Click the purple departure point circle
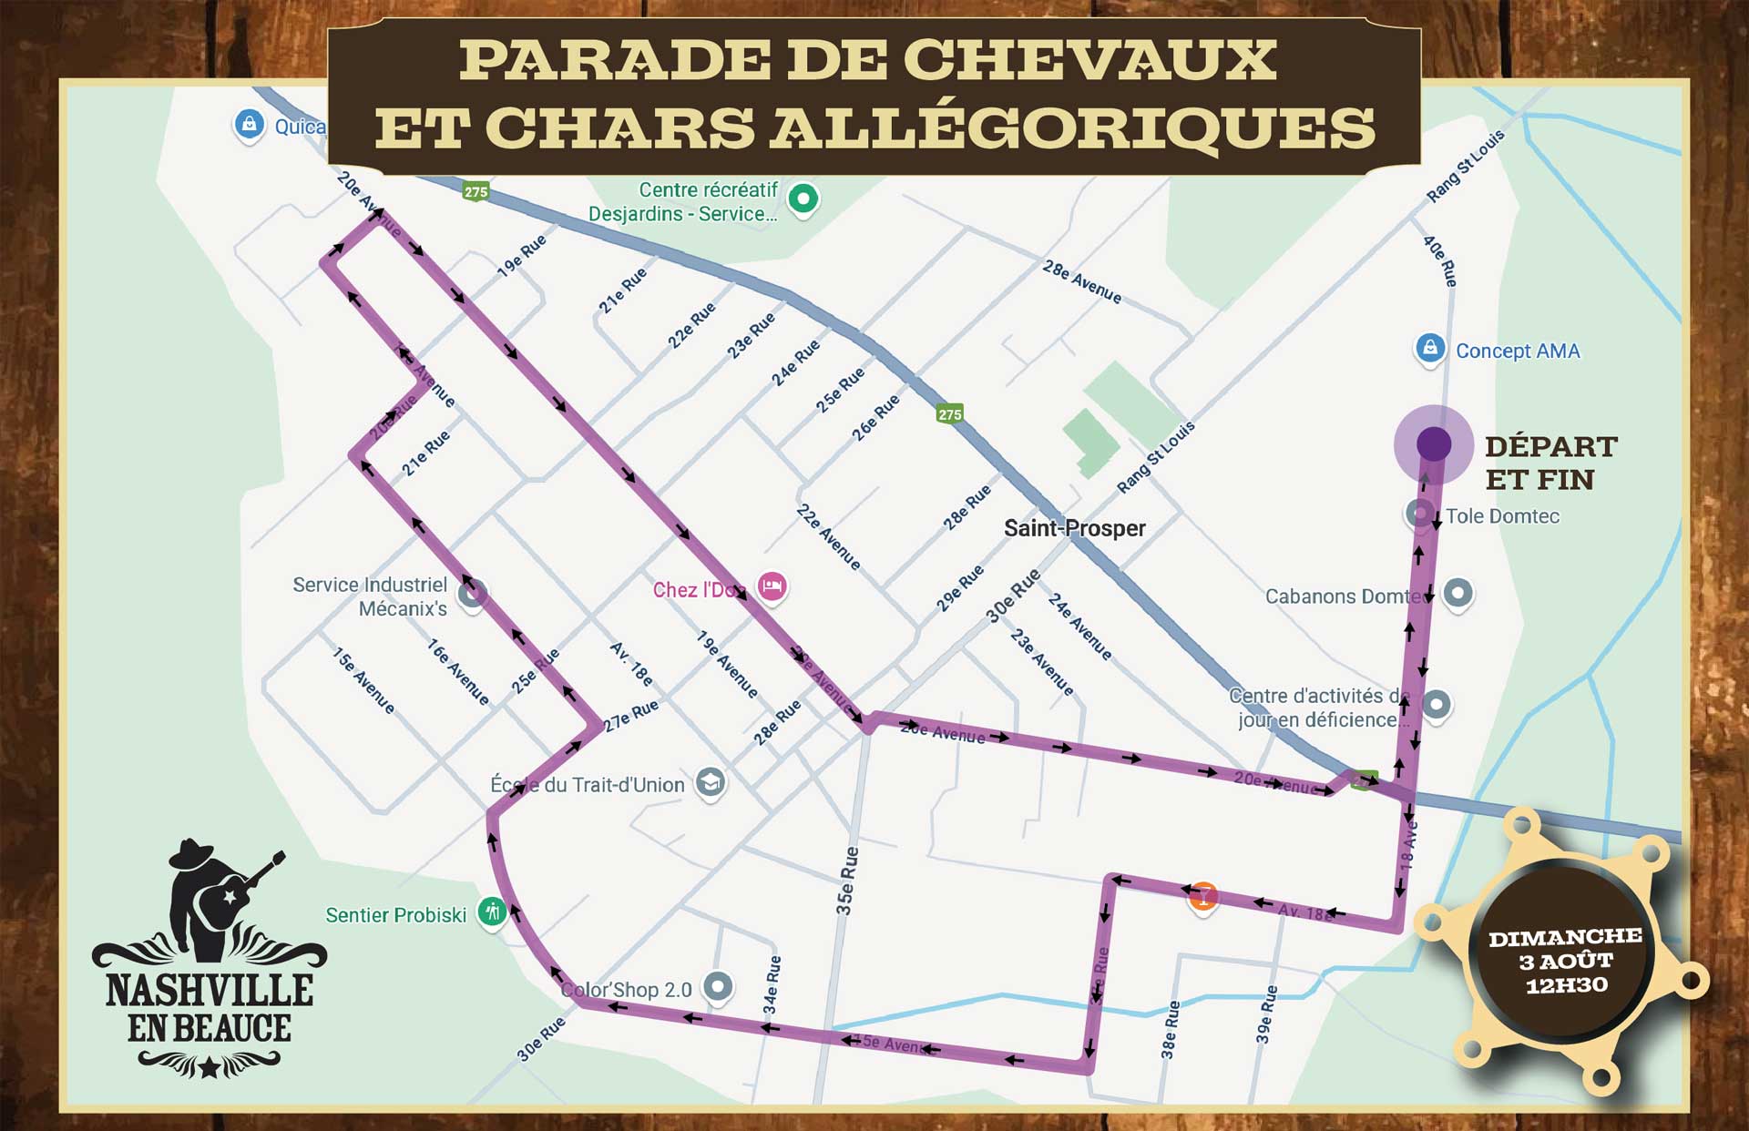[1434, 444]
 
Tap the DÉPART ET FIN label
[1550, 463]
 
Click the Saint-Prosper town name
[1074, 528]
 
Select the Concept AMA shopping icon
[1429, 348]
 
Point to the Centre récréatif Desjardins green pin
[803, 199]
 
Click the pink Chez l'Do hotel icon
[772, 586]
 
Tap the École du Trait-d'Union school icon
[710, 782]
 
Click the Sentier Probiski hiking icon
[492, 911]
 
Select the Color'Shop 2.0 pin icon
[719, 986]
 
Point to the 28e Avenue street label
[1081, 281]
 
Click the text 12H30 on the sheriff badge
[1566, 985]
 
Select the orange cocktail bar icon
[1202, 896]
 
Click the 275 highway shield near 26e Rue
[949, 414]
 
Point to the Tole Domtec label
[1502, 516]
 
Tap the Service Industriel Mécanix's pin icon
[471, 595]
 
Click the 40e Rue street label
[1440, 261]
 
